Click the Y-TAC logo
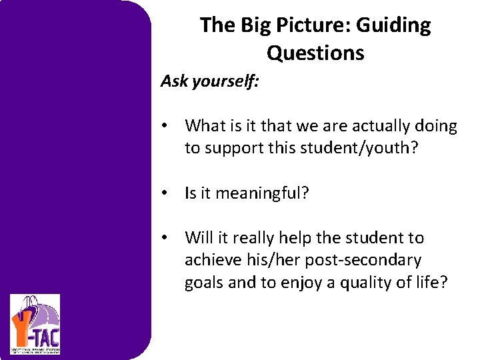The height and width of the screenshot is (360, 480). pos(35,324)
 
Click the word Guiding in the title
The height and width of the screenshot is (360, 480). pos(394,25)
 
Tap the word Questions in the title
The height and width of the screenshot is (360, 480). pos(315,53)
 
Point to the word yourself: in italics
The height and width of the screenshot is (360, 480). pos(228,81)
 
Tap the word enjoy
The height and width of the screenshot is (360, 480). pos(304,283)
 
